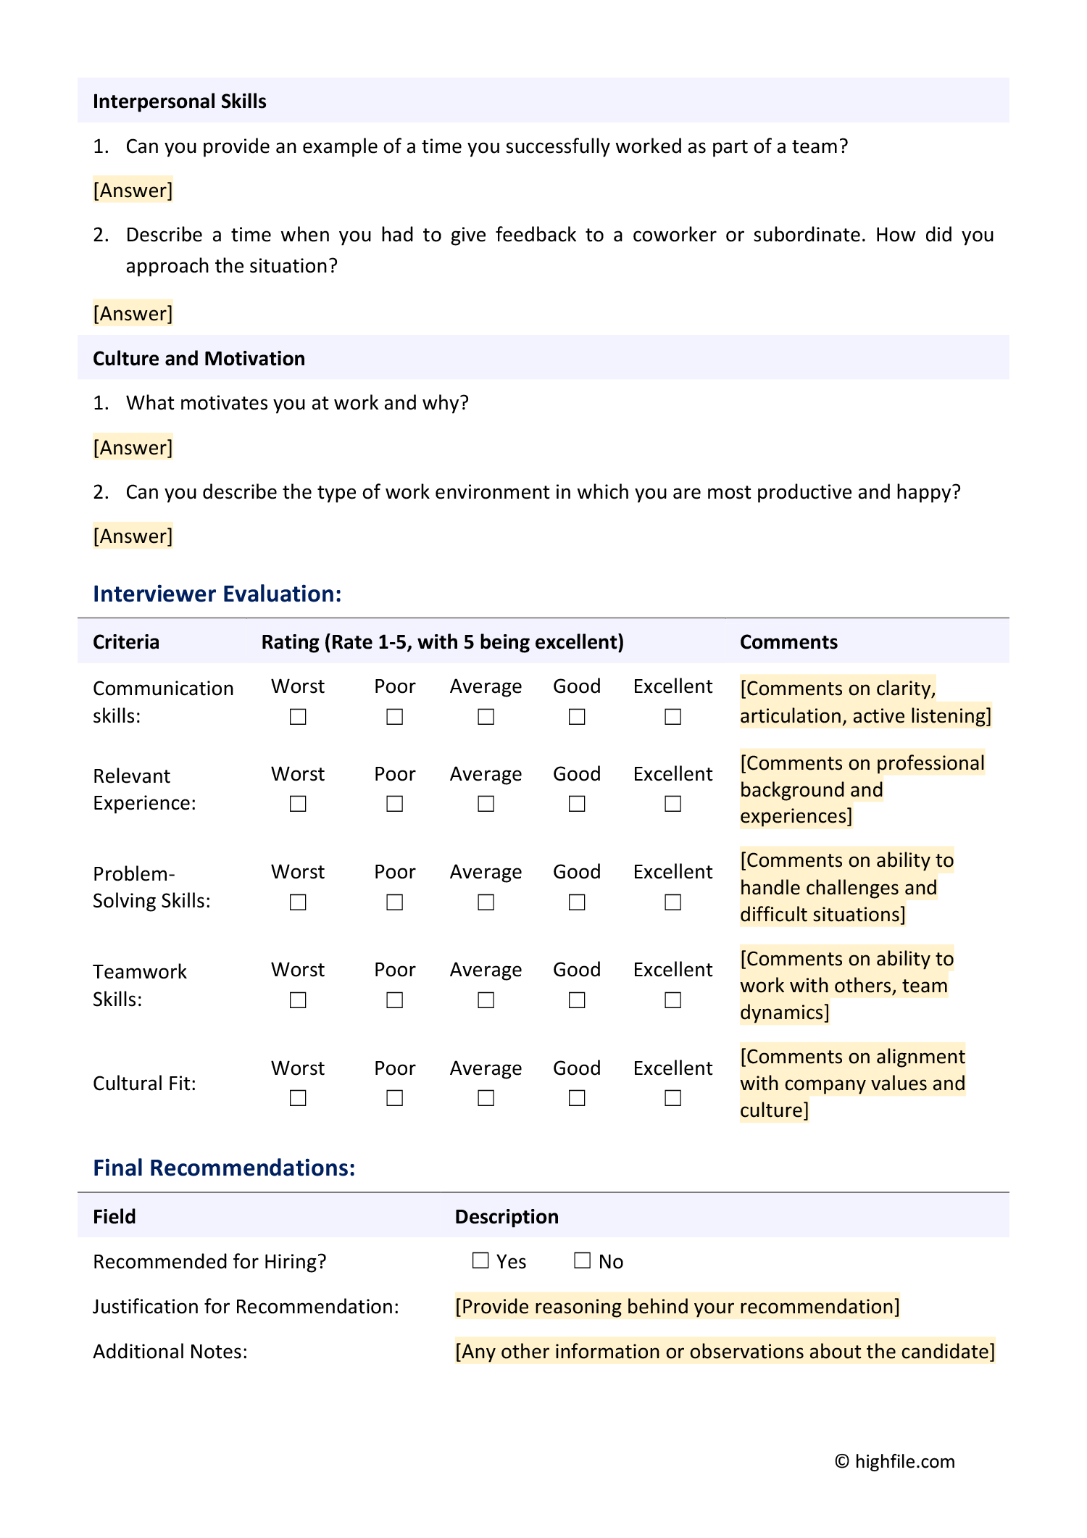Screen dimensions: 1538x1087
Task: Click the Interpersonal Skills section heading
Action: click(x=179, y=101)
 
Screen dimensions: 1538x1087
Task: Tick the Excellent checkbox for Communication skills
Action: click(x=672, y=717)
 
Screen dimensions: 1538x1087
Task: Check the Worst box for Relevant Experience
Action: click(x=298, y=804)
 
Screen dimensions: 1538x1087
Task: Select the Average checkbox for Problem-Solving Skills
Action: click(x=486, y=902)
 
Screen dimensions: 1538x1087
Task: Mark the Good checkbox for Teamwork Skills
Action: click(x=577, y=1000)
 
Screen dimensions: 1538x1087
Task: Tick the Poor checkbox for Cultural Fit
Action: click(x=394, y=1098)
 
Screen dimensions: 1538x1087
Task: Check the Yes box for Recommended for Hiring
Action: click(x=480, y=1260)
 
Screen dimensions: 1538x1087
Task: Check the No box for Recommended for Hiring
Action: click(x=582, y=1260)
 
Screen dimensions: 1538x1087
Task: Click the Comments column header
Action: click(x=788, y=642)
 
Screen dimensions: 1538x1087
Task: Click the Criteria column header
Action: click(x=126, y=642)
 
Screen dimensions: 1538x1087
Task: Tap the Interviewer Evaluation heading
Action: click(x=217, y=594)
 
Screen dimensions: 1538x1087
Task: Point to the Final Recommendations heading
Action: click(x=224, y=1168)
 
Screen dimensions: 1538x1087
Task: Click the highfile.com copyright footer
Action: click(x=895, y=1461)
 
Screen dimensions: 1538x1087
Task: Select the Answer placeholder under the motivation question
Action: click(x=133, y=448)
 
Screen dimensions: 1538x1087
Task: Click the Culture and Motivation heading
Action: click(x=199, y=359)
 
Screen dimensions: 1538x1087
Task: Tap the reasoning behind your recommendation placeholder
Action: click(x=677, y=1307)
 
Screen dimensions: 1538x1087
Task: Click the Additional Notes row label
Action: click(x=170, y=1352)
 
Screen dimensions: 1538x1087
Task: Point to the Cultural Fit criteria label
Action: click(x=144, y=1084)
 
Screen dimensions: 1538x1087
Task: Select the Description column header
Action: click(x=507, y=1217)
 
